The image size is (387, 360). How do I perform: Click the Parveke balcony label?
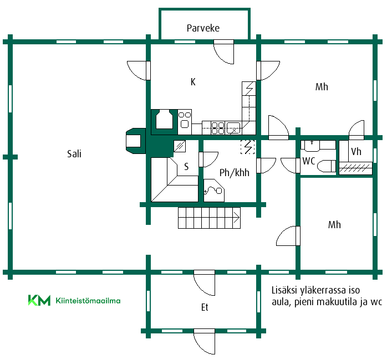(203, 28)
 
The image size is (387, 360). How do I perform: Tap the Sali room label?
(74, 153)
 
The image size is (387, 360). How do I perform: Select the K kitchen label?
(193, 82)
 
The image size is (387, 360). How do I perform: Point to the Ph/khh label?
(234, 173)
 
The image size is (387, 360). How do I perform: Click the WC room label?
(309, 161)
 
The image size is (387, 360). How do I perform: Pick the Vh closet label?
(356, 151)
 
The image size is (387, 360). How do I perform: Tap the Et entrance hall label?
(205, 307)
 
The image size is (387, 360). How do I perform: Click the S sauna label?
(186, 167)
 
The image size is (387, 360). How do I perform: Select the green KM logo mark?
(39, 300)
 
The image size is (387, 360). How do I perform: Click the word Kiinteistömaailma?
(88, 301)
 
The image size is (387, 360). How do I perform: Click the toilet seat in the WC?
(326, 166)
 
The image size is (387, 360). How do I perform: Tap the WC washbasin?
(312, 146)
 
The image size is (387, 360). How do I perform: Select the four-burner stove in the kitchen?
(218, 128)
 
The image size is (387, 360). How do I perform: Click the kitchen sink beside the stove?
(233, 128)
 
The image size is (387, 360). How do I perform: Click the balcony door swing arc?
(221, 56)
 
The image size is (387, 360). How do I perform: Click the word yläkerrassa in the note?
(323, 290)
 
